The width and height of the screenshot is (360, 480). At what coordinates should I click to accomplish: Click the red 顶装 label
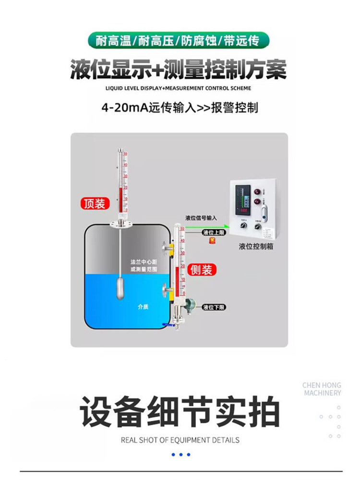94,204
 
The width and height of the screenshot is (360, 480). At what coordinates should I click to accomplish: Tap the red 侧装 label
201,270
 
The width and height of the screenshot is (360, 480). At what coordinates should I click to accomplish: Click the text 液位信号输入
202,218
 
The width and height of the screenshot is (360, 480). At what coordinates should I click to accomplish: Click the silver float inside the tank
120,288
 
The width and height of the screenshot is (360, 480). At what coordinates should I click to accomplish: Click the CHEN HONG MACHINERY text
321,389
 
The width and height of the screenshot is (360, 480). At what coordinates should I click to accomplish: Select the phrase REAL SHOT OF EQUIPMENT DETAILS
180,440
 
